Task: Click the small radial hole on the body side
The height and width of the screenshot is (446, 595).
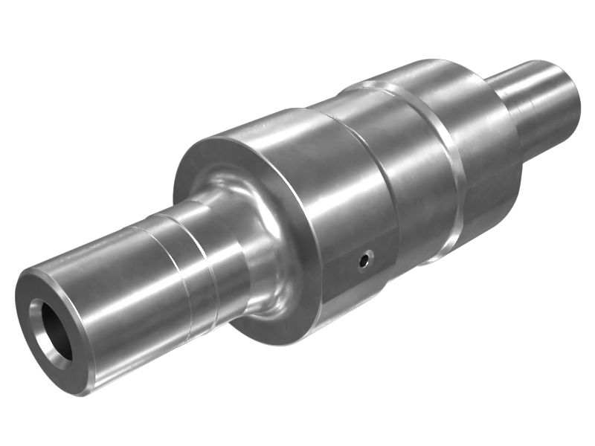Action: [364, 260]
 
